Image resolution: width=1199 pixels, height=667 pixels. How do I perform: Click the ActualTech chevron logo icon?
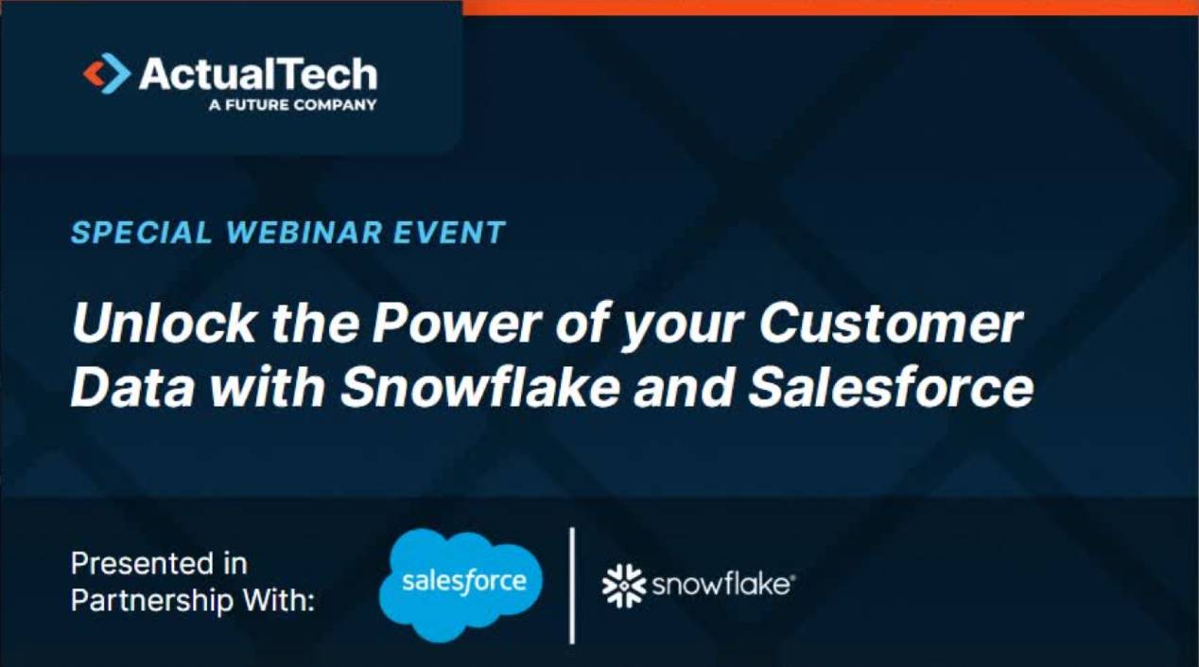point(107,74)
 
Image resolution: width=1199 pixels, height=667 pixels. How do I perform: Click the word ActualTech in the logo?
point(257,74)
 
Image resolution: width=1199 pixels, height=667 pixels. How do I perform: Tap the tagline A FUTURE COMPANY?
point(292,105)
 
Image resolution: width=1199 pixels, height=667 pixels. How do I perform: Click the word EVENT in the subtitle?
point(457,233)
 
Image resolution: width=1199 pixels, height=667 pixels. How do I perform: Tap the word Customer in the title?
point(891,325)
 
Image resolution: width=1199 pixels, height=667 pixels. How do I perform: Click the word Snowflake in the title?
point(478,388)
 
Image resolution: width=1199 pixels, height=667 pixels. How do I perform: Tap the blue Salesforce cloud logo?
point(460,583)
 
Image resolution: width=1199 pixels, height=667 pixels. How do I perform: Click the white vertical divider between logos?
point(572,585)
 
